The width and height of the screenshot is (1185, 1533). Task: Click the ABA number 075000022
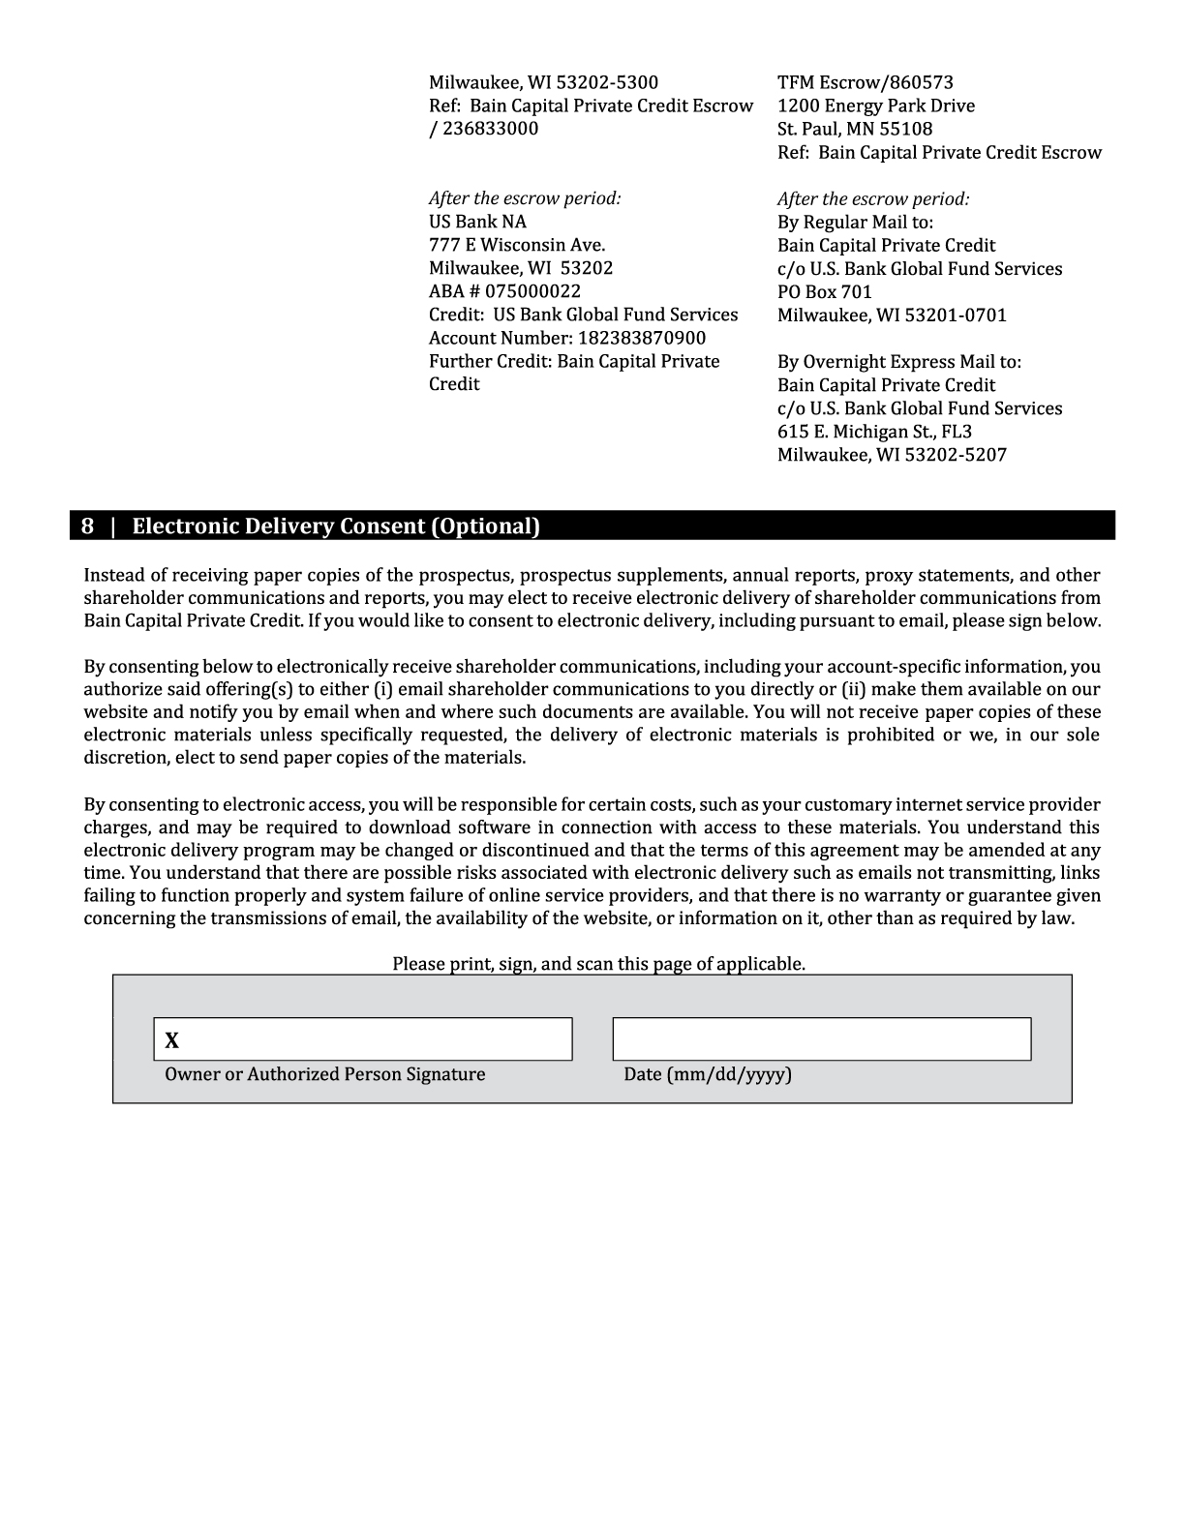click(532, 291)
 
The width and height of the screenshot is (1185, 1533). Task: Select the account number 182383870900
click(642, 338)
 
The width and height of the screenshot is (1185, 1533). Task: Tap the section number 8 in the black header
click(87, 526)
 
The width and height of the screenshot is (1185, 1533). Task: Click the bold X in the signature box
click(172, 1041)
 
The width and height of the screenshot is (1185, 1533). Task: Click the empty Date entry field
click(821, 1039)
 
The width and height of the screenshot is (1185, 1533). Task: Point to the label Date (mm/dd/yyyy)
click(707, 1074)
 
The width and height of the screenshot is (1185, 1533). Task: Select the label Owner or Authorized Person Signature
click(324, 1074)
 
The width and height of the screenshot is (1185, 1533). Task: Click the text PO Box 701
click(824, 291)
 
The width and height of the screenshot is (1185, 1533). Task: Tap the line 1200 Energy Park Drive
click(875, 105)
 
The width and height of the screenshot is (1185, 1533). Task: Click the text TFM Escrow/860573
click(865, 82)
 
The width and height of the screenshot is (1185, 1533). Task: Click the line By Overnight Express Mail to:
click(898, 362)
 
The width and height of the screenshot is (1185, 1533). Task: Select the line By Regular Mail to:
click(855, 222)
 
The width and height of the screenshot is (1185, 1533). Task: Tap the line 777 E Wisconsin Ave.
click(516, 245)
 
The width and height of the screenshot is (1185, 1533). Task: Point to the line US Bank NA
click(477, 222)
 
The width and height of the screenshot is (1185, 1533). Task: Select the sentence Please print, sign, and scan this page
click(598, 964)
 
